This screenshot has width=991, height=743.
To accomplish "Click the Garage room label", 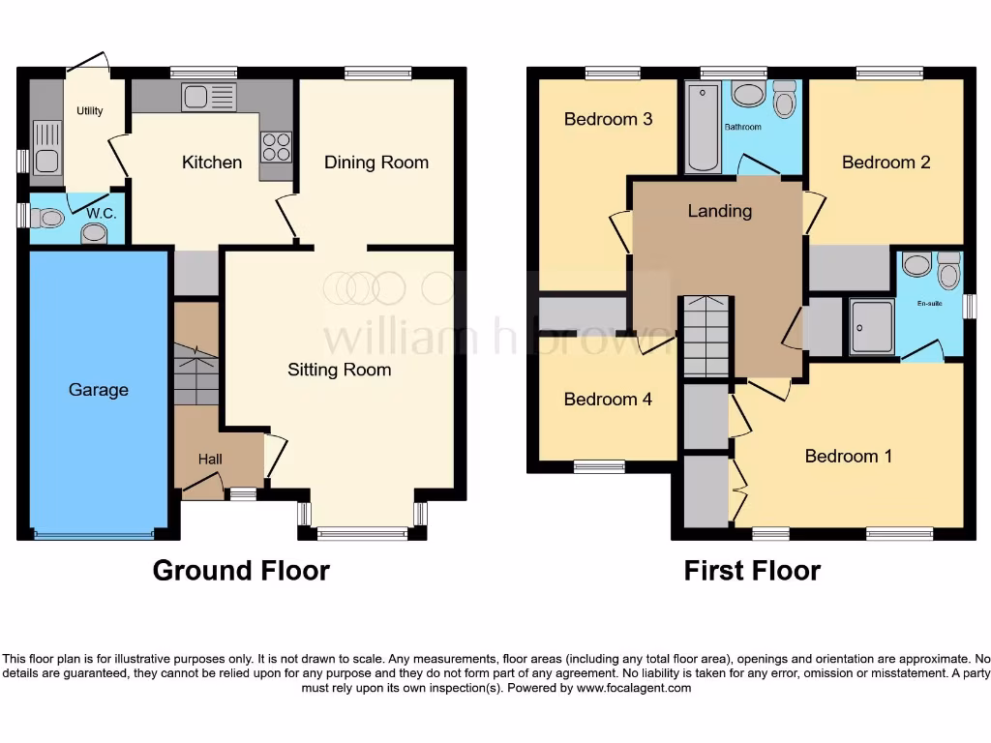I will click(x=98, y=390).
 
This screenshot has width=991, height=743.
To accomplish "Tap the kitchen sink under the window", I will click(x=208, y=97).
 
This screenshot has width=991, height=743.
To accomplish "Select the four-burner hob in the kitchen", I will click(x=275, y=145).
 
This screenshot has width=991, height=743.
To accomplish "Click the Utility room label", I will click(x=90, y=111).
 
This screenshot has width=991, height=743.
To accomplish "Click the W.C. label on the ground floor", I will click(x=102, y=213).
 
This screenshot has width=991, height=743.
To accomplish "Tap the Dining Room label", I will click(x=375, y=163).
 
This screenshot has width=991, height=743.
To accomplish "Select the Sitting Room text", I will click(x=339, y=370).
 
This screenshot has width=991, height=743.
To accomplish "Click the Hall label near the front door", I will click(x=210, y=460).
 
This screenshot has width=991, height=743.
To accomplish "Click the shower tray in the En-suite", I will click(x=871, y=327).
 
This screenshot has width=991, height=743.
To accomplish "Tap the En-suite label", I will click(x=929, y=304).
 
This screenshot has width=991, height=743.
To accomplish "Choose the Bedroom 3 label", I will click(x=608, y=119).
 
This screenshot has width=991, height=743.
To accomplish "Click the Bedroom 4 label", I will click(x=608, y=399).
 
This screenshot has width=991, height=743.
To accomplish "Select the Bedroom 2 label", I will click(x=886, y=162).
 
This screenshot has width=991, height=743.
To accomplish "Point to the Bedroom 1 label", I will click(x=848, y=456).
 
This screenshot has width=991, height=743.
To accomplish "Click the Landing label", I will click(x=719, y=210).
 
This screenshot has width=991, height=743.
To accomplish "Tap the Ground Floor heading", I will click(x=241, y=571).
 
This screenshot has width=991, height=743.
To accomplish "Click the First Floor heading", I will click(x=752, y=571).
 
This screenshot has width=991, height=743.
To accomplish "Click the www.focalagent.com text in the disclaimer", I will click(x=634, y=689).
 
